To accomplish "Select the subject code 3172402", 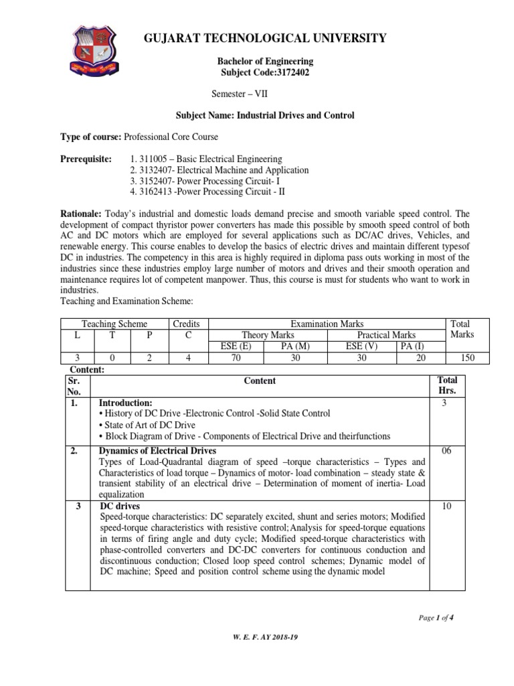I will tap(266, 72).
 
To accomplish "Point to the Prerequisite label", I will tap(86, 159).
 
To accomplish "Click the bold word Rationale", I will tap(82, 212).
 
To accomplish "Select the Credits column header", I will tap(187, 324).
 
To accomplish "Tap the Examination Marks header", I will tap(327, 324).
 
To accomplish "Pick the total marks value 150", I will tap(467, 358).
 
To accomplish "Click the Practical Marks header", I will tap(385, 335).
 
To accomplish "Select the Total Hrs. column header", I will tap(446, 385).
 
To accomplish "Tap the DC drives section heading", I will tap(120, 506).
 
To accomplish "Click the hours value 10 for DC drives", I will tap(446, 506).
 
